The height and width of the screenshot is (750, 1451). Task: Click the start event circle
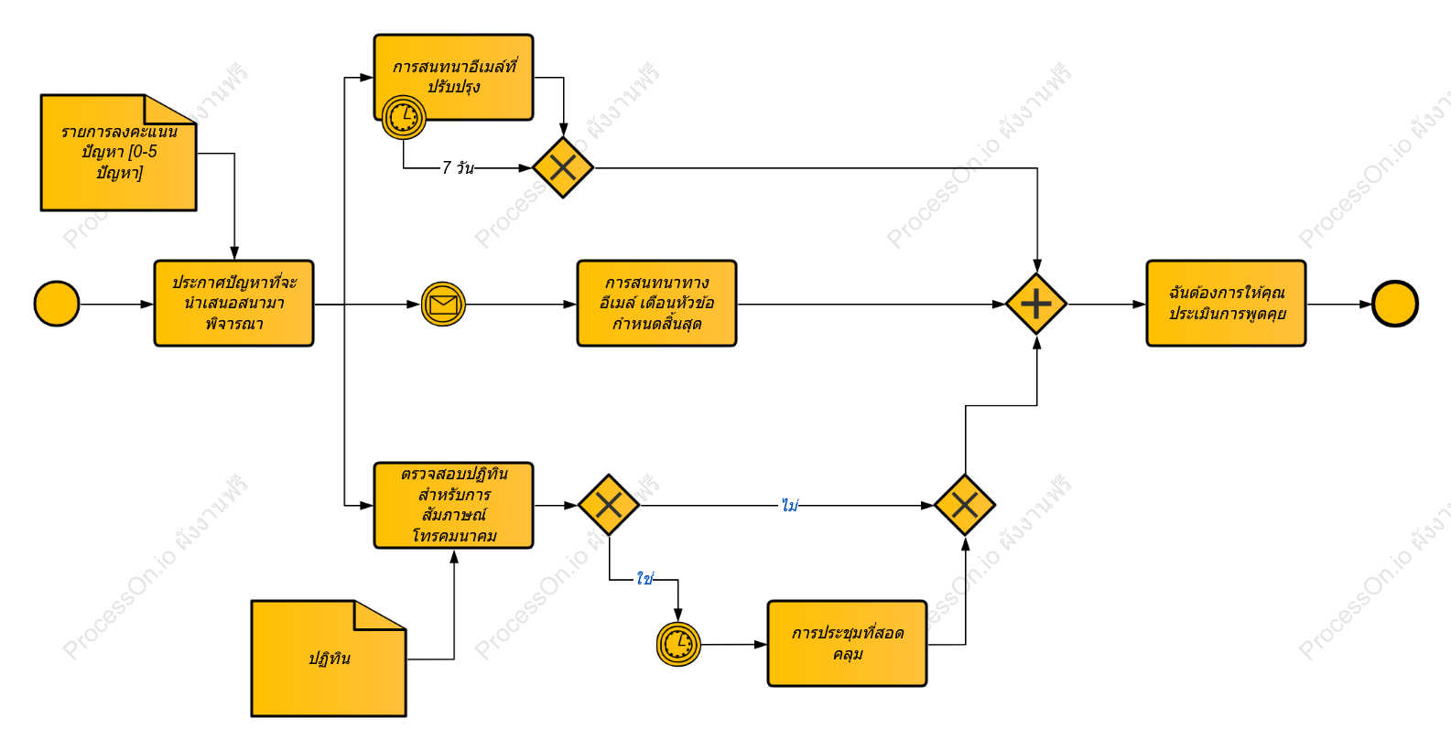(x=57, y=304)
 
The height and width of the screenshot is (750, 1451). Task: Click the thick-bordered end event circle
(x=1395, y=304)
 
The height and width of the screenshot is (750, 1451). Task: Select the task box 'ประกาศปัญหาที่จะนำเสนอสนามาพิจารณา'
(x=233, y=304)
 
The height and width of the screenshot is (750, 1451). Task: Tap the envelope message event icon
(x=443, y=305)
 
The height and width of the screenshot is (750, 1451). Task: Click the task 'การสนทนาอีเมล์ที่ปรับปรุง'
(x=453, y=77)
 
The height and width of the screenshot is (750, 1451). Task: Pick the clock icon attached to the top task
(x=404, y=118)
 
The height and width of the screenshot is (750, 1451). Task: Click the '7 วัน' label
(x=458, y=168)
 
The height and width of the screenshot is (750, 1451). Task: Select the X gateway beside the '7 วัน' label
(x=563, y=167)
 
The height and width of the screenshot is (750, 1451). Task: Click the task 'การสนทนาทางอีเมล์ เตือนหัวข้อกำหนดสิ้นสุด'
(x=656, y=304)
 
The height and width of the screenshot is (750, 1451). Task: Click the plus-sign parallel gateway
(x=1036, y=304)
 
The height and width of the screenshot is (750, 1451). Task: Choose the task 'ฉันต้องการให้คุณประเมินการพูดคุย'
(x=1226, y=304)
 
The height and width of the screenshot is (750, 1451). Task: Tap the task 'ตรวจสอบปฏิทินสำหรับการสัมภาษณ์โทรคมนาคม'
(x=453, y=506)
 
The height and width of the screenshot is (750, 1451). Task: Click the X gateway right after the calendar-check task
(x=609, y=505)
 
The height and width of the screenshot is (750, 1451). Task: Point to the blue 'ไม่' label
(x=790, y=504)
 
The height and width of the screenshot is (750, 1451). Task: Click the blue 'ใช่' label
(x=645, y=578)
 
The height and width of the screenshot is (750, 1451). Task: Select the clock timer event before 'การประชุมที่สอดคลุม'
(x=678, y=645)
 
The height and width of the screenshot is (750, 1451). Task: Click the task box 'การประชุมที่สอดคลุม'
(x=848, y=643)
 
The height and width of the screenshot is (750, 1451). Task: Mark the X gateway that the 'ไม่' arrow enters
(x=965, y=505)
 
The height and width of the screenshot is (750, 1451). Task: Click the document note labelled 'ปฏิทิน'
(x=329, y=659)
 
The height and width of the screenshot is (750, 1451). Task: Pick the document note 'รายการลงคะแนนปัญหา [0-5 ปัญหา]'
(x=118, y=153)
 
